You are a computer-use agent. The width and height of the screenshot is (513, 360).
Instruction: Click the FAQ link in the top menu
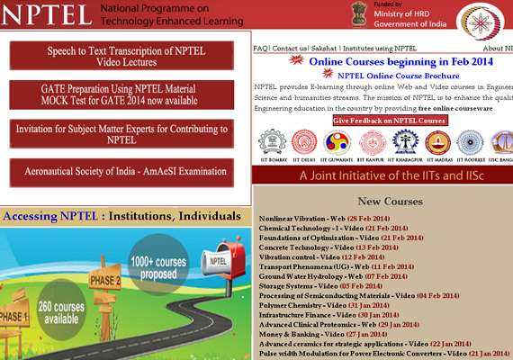click(261, 48)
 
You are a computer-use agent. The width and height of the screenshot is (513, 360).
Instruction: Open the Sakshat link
click(325, 48)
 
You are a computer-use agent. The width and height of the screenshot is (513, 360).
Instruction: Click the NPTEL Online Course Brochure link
click(390, 77)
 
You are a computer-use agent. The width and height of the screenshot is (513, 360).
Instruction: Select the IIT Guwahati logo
click(339, 142)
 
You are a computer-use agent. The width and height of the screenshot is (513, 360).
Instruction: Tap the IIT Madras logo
click(437, 142)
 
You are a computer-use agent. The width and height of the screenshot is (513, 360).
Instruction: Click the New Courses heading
click(390, 202)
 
